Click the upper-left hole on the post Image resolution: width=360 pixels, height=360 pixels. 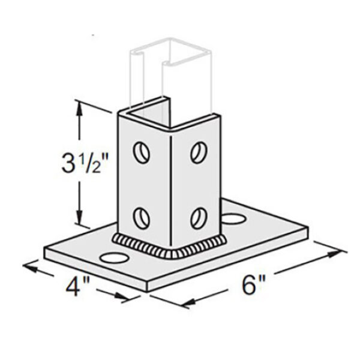click(x=141, y=152)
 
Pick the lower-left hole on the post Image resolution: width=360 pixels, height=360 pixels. click(x=142, y=216)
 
